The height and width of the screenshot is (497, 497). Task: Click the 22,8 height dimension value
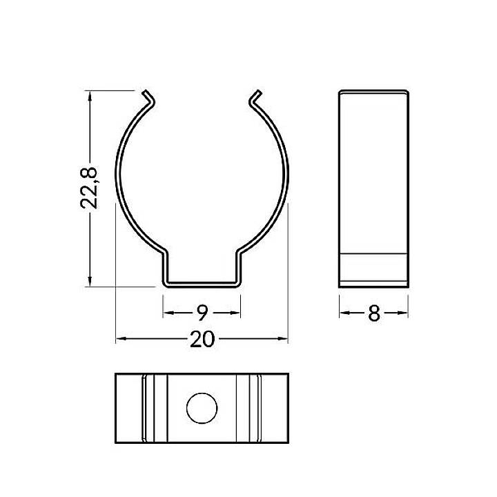[x=89, y=188]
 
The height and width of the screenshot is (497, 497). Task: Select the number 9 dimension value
[x=202, y=313]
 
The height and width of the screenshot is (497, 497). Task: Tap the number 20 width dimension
[x=202, y=339]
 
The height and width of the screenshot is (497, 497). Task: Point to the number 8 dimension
[x=374, y=313]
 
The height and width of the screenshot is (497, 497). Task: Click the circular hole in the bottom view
[x=202, y=408]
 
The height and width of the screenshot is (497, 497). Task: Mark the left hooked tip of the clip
[x=148, y=97]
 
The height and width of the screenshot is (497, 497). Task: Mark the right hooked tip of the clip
[x=255, y=97]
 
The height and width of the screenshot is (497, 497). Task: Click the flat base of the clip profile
[x=202, y=284]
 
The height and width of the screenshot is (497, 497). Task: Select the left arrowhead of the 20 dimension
[x=121, y=339]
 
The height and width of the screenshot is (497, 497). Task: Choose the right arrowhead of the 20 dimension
[x=282, y=339]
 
